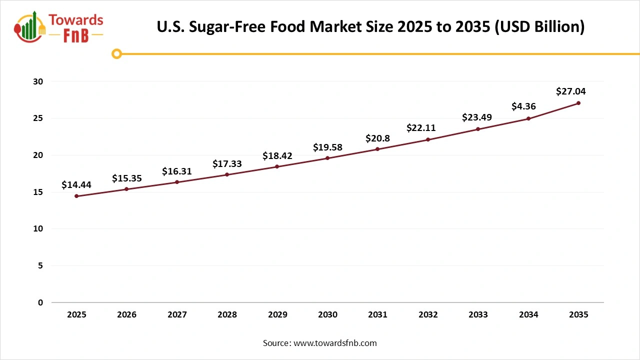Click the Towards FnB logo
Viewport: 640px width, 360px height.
click(59, 27)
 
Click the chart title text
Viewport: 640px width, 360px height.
click(370, 26)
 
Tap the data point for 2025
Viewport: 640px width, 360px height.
click(76, 196)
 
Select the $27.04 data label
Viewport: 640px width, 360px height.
click(570, 91)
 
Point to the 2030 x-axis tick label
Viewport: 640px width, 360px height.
click(327, 315)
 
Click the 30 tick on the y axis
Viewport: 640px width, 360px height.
click(38, 81)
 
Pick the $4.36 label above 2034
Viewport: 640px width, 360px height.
click(524, 106)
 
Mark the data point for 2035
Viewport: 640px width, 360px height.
click(578, 103)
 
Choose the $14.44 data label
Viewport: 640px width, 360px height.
click(76, 185)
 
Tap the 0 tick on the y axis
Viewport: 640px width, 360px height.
click(40, 302)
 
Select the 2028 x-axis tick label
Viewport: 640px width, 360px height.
click(227, 315)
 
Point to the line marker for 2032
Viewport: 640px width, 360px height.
click(428, 139)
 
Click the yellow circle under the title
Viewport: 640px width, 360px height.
click(116, 53)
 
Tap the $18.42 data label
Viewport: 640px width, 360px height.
click(277, 156)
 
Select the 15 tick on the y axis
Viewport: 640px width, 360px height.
click(38, 192)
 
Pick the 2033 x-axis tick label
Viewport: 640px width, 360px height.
click(478, 315)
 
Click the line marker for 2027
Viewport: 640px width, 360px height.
click(177, 182)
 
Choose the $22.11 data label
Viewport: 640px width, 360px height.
click(420, 128)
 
